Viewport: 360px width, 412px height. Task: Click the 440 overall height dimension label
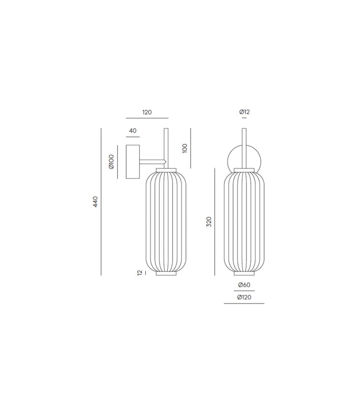coord(96,202)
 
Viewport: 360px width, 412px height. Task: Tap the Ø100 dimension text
coord(111,161)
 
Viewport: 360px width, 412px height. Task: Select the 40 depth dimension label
coord(133,131)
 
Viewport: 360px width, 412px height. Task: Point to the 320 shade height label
coord(209,222)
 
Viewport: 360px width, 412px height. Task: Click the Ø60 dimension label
coord(244,285)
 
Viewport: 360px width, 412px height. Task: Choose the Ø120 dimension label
coord(244,297)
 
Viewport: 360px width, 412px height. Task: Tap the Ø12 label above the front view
coord(244,112)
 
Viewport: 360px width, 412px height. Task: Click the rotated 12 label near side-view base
coord(140,273)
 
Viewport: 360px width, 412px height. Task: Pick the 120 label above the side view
coord(147,113)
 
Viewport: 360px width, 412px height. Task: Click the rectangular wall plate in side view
coord(133,161)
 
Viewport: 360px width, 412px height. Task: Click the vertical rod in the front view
coord(244,145)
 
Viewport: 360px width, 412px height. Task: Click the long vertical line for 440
coord(102,202)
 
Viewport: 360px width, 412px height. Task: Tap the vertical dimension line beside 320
coord(215,222)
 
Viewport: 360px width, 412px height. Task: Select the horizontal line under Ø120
coord(244,303)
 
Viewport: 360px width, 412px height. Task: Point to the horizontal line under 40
coord(133,137)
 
